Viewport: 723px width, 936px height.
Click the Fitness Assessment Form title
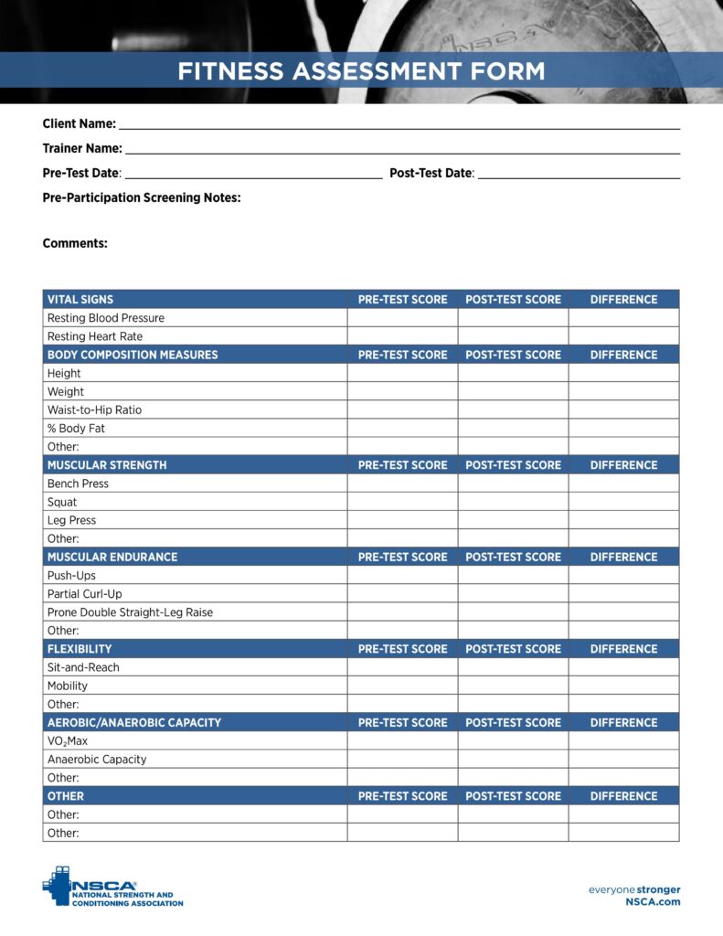(x=361, y=71)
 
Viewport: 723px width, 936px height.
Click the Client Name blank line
(x=399, y=124)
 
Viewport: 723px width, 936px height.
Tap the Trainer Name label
(x=82, y=148)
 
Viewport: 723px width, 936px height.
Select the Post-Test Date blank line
(x=579, y=174)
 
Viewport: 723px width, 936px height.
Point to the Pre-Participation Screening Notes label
(x=142, y=197)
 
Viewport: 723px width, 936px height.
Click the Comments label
(x=75, y=243)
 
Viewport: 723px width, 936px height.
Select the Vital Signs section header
(x=80, y=300)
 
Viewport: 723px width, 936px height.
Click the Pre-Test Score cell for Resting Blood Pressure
(x=402, y=318)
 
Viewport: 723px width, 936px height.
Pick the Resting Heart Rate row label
(x=95, y=336)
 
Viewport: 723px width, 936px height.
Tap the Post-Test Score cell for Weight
(x=513, y=392)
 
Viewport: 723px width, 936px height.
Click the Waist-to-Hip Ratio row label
(x=94, y=410)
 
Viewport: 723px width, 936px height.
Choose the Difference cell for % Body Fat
(x=623, y=429)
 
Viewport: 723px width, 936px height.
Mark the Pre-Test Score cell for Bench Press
(x=402, y=484)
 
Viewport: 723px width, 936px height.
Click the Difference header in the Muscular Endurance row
(x=623, y=557)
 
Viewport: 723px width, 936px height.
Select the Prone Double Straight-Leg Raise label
(x=130, y=612)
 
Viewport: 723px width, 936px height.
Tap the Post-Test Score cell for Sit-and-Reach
(x=513, y=667)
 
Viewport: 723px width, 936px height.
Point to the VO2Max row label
(x=68, y=741)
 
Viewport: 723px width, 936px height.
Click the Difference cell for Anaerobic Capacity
(x=623, y=760)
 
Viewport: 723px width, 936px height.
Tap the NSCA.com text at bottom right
(x=653, y=902)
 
